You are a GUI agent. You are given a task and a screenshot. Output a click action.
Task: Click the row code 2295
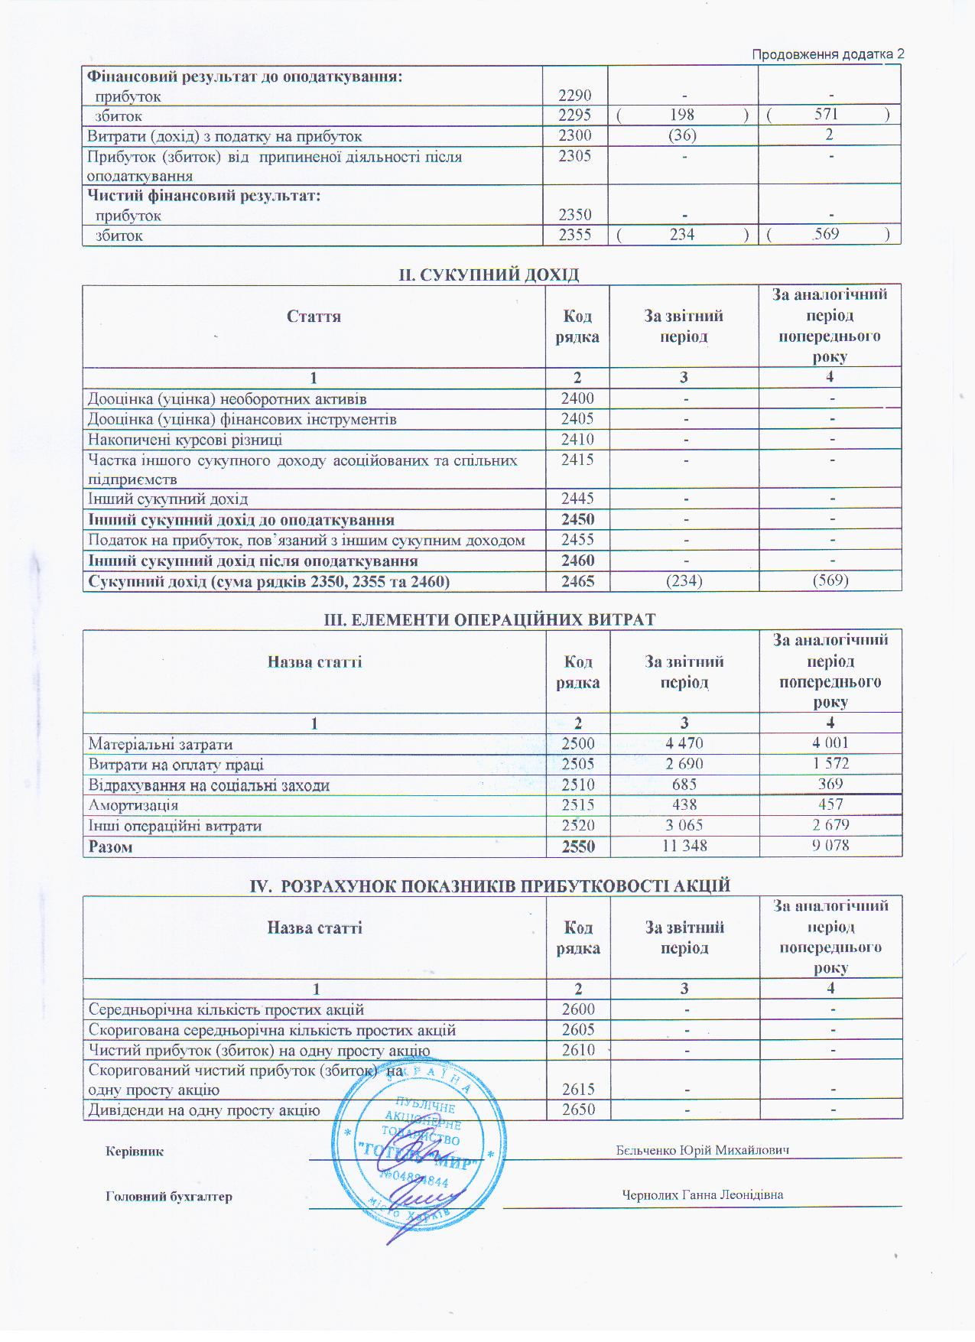tap(574, 115)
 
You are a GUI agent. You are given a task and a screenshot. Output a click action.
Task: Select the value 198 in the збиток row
tap(681, 115)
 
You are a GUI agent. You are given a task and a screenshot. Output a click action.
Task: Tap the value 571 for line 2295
tap(827, 115)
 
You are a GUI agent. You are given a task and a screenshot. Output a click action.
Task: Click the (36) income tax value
tap(682, 135)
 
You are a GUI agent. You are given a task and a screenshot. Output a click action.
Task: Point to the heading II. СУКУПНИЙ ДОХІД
tap(489, 275)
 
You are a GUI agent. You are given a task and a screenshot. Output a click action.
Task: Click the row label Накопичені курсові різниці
tap(185, 440)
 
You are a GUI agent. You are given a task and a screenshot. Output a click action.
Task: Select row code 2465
tap(577, 581)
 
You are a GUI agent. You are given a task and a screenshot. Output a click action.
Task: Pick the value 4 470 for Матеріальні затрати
tap(684, 743)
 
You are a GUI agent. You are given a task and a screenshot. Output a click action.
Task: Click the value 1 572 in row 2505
tap(830, 763)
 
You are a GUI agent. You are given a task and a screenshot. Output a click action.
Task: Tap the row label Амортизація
tap(133, 805)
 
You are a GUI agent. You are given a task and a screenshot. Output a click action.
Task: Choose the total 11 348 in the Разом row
tap(684, 846)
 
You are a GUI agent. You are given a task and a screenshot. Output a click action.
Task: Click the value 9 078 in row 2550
tap(830, 846)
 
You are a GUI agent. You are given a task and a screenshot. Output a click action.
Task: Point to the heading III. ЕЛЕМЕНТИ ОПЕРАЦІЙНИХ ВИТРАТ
tap(490, 619)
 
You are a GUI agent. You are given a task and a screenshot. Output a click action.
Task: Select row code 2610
tap(578, 1050)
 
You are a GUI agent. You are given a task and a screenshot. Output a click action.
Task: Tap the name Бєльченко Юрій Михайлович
tap(702, 1150)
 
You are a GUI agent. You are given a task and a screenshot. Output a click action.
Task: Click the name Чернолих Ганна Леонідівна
tap(702, 1194)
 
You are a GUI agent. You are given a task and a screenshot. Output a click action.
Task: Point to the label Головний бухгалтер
tap(169, 1197)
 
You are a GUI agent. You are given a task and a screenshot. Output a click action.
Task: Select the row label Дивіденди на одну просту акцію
tap(204, 1110)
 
